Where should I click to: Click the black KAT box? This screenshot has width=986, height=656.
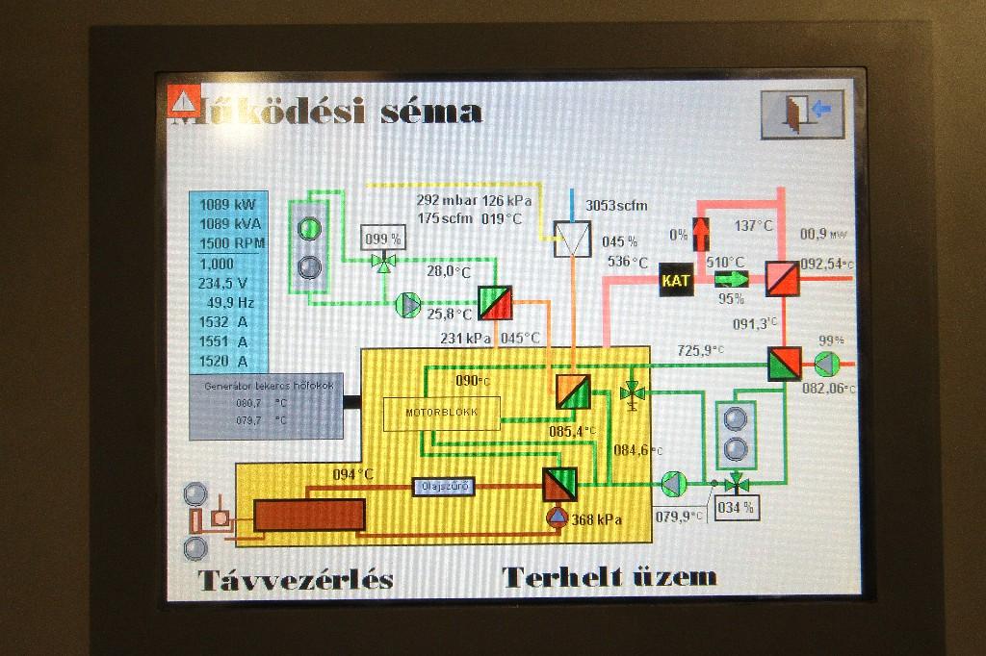(676, 280)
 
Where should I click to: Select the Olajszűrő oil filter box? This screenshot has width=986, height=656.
(445, 487)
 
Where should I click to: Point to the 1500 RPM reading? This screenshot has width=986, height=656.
(231, 242)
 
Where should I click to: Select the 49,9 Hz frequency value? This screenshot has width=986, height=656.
(230, 302)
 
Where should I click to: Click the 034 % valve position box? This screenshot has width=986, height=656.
(736, 506)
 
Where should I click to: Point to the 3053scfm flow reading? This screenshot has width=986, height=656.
(616, 205)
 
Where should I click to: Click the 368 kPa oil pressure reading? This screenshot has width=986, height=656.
(596, 520)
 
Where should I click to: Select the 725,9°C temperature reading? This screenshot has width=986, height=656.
(700, 351)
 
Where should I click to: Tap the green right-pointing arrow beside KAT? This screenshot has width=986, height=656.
(732, 279)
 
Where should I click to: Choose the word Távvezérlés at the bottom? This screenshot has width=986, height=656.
(296, 580)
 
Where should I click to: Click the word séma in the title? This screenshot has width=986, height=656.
(430, 113)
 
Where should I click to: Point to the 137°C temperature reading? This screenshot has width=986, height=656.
(754, 226)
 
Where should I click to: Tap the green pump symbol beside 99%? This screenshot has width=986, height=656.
(826, 365)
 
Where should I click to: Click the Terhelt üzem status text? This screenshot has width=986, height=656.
(610, 578)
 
